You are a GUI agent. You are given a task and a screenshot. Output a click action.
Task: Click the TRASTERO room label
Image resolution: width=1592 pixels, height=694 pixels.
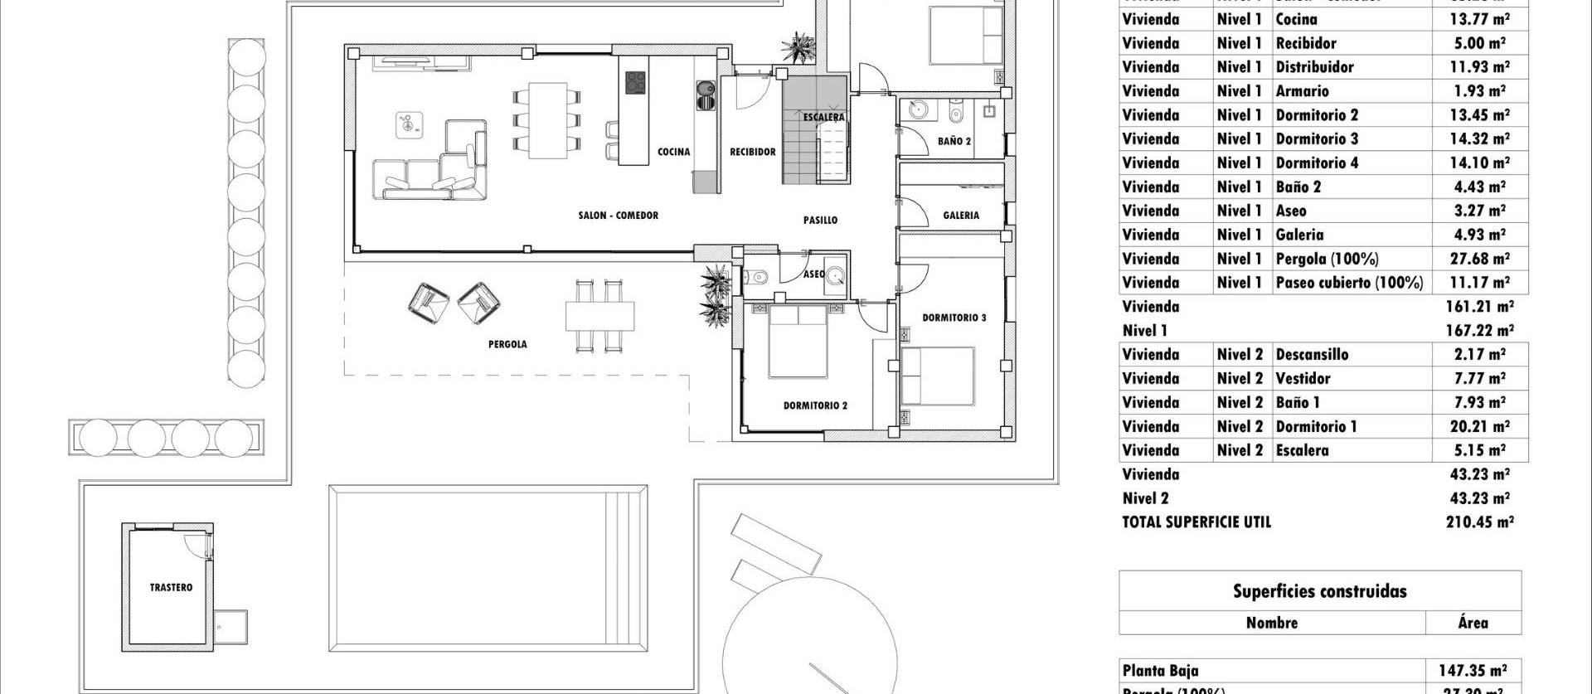coord(171,588)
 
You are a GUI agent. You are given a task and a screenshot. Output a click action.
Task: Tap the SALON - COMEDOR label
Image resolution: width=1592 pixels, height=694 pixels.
coord(618,216)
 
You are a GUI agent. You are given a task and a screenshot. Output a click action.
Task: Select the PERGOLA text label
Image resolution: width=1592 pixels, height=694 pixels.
coord(507,345)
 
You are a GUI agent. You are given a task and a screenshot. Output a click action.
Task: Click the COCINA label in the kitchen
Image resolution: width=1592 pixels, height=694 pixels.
coord(673,152)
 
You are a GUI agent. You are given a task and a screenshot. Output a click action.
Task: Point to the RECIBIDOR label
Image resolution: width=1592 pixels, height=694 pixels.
coord(752,152)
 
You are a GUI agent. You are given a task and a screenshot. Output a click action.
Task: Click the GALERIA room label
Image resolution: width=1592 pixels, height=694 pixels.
coord(961,216)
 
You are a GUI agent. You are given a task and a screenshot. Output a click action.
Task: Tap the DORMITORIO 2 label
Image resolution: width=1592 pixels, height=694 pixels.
coord(815,406)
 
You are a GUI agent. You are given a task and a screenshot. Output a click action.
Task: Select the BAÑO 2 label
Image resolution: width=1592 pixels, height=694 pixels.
coord(954,142)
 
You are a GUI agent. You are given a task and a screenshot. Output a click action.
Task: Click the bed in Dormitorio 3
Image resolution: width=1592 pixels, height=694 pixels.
coord(937,376)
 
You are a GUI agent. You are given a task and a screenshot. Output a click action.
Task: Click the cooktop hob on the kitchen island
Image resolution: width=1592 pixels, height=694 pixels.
coord(635,83)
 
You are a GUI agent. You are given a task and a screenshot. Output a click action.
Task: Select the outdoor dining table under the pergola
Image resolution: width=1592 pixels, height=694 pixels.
coord(599,316)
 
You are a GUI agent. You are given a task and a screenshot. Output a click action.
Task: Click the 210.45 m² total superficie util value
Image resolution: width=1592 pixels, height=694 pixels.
coord(1479,522)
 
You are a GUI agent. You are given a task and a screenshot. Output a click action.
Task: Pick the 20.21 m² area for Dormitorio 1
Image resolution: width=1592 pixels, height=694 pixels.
coord(1479,427)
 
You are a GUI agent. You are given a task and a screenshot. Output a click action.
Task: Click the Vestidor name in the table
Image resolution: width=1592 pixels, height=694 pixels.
coord(1303,379)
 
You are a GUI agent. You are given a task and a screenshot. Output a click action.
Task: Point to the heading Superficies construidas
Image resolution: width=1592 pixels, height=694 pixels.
coord(1319,591)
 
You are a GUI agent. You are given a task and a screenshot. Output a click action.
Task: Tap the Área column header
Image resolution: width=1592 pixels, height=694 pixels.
coord(1473,623)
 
